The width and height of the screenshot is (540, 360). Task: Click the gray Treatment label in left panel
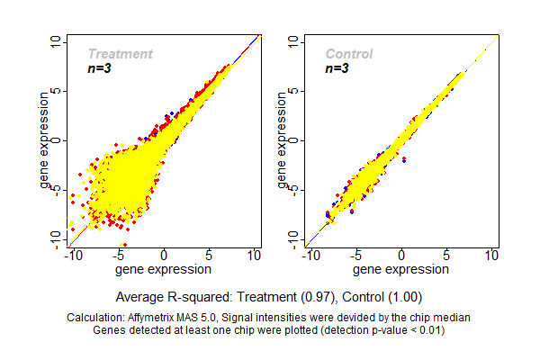point(120,54)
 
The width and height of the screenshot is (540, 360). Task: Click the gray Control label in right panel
point(348,54)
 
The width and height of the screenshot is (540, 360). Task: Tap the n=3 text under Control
point(337,69)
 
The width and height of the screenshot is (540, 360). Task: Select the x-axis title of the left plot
point(164,269)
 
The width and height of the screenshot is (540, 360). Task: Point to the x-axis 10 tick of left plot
point(255,256)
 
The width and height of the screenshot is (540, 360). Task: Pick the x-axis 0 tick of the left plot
point(164,256)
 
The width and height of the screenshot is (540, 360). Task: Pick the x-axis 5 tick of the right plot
point(447,256)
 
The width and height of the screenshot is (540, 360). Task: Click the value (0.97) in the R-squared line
point(319,296)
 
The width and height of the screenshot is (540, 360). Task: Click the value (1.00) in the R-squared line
point(402,296)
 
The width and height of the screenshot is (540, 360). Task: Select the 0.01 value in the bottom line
point(427,329)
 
